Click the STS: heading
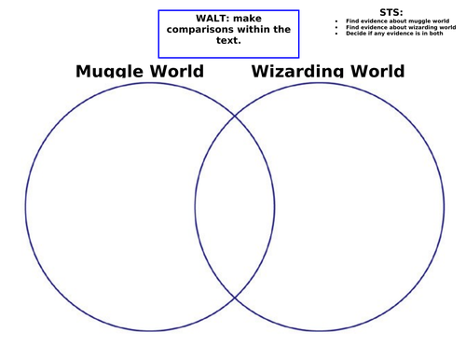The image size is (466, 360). coord(391,12)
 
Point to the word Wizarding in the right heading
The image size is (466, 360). coord(299,72)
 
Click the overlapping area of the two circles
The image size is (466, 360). coord(235,205)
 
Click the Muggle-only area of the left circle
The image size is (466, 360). coord(112,205)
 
